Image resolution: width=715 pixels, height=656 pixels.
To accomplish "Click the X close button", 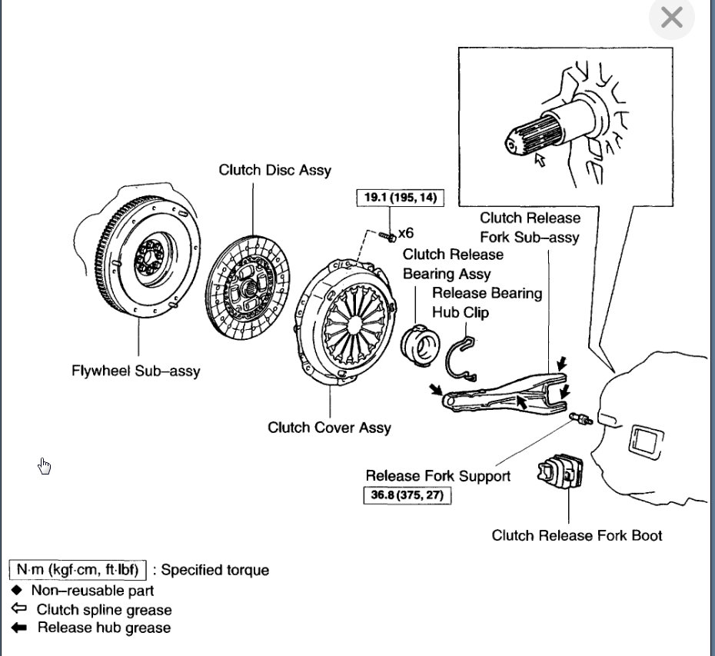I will [671, 18].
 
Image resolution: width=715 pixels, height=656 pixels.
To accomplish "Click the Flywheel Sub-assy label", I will [135, 371].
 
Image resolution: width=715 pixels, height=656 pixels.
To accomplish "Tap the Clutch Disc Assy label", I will [275, 170].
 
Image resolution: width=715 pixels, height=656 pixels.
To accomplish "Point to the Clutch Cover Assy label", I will [329, 428].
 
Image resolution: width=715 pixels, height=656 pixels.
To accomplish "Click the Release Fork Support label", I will [437, 476].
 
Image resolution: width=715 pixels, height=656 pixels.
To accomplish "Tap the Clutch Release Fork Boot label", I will [577, 535].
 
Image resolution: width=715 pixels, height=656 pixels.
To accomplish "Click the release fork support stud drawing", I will [582, 420].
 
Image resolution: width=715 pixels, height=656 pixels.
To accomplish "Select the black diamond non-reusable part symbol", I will [17, 591].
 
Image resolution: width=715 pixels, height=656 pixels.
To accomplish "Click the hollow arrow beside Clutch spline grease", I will [18, 609].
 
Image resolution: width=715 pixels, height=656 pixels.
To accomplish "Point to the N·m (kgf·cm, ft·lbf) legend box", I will [77, 571].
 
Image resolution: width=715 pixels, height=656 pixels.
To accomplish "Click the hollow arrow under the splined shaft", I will [540, 160].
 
